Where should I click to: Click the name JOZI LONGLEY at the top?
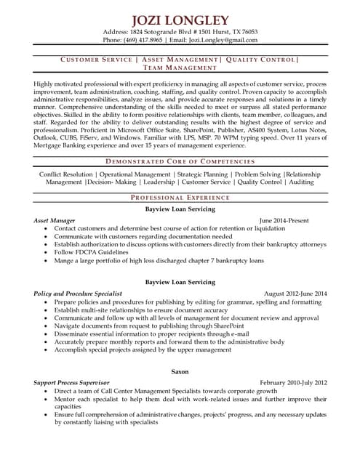180,20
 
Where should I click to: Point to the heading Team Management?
180,68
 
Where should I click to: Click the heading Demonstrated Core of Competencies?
180,161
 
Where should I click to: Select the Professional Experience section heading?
180,198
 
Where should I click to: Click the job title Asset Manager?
54,219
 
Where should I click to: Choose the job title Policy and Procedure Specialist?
78,293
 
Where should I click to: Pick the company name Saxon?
180,371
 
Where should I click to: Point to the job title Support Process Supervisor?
72,382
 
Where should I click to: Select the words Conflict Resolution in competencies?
65,174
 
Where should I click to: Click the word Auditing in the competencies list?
301,182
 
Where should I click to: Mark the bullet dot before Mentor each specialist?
47,400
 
